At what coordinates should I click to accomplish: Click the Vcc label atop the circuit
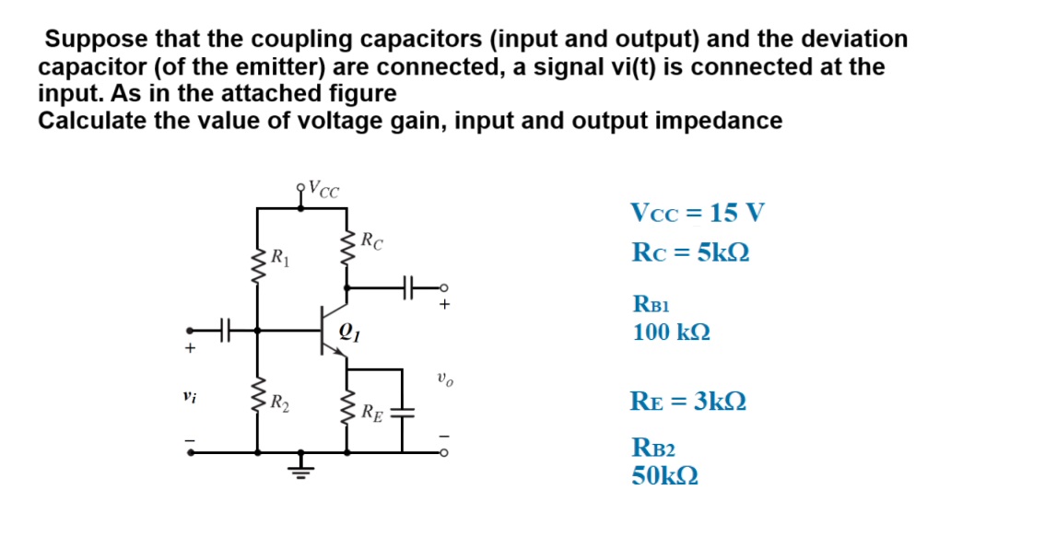click(323, 190)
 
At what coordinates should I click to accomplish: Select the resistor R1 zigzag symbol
click(256, 267)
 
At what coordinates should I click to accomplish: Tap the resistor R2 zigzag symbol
click(256, 403)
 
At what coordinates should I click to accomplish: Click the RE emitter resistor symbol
click(347, 412)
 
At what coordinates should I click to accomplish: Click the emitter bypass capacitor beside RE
click(403, 412)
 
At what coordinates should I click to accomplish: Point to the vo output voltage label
click(445, 378)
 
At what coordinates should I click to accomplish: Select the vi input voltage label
click(189, 398)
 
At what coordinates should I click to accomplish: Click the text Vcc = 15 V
click(698, 214)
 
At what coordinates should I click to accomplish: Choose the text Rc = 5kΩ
click(690, 251)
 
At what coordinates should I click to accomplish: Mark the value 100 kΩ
click(671, 332)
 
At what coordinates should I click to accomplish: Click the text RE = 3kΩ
click(688, 402)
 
